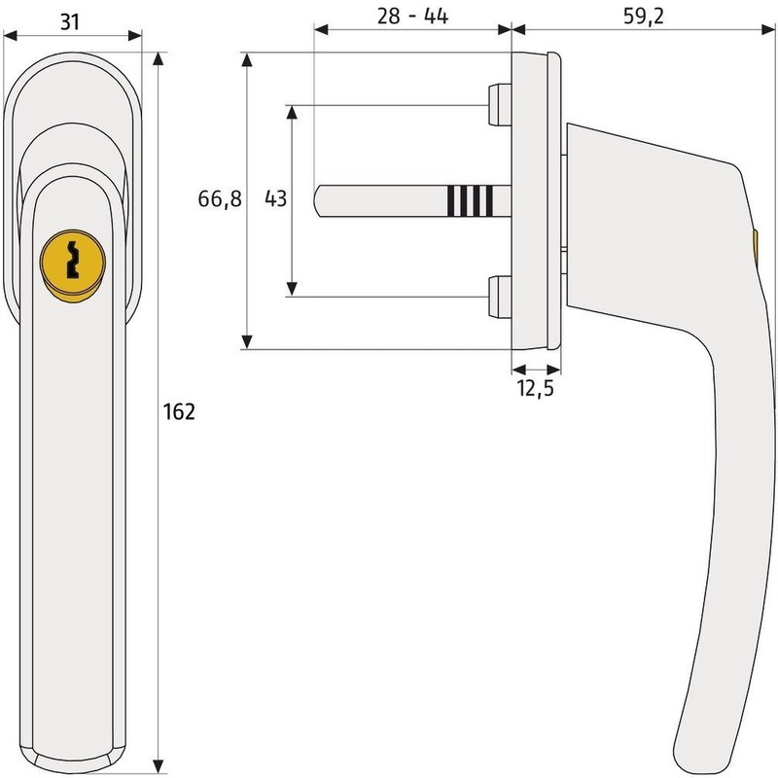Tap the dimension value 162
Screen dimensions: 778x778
pyautogui.click(x=181, y=411)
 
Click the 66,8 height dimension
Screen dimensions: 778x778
pyautogui.click(x=220, y=199)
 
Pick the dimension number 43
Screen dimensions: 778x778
pyautogui.click(x=275, y=199)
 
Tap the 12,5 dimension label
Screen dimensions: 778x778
pyautogui.click(x=537, y=390)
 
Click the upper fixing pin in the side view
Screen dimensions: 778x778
pyautogui.click(x=497, y=106)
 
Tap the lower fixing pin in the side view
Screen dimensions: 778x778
pyautogui.click(x=497, y=296)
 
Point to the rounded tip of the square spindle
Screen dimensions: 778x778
pyautogui.click(x=321, y=199)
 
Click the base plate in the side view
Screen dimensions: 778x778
pyautogui.click(x=534, y=199)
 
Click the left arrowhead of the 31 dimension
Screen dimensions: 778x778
pyautogui.click(x=12, y=37)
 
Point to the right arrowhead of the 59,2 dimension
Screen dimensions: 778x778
pyautogui.click(x=768, y=29)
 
